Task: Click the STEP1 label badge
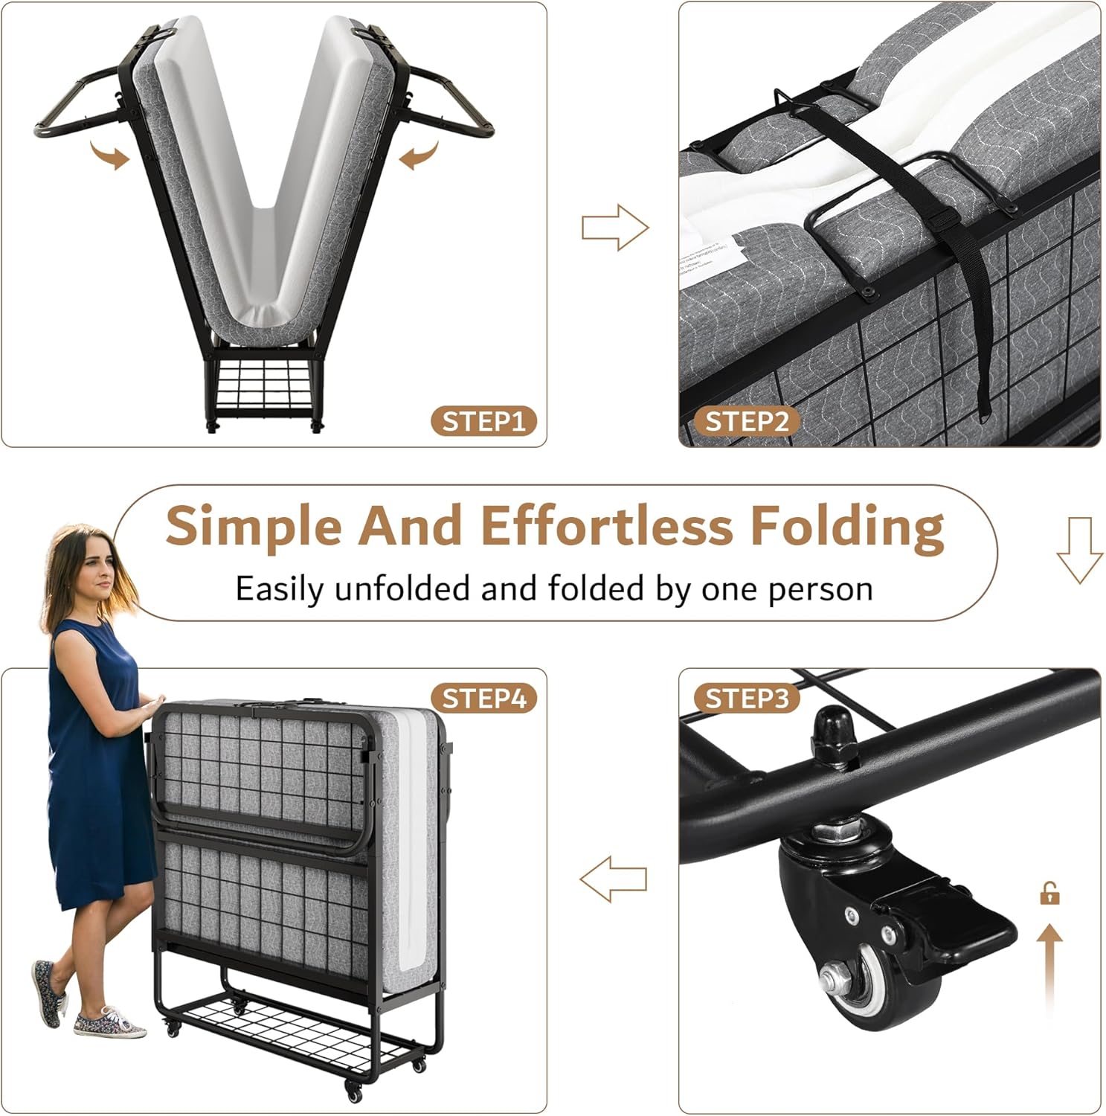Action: (484, 422)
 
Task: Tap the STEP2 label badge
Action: (746, 422)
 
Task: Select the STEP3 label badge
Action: (746, 699)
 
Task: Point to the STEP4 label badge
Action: (484, 699)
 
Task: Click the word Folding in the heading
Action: (847, 527)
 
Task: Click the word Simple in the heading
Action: (254, 527)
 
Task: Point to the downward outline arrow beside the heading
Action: (1079, 550)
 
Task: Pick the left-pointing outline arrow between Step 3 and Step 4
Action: (614, 879)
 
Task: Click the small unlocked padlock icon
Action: (1049, 893)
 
